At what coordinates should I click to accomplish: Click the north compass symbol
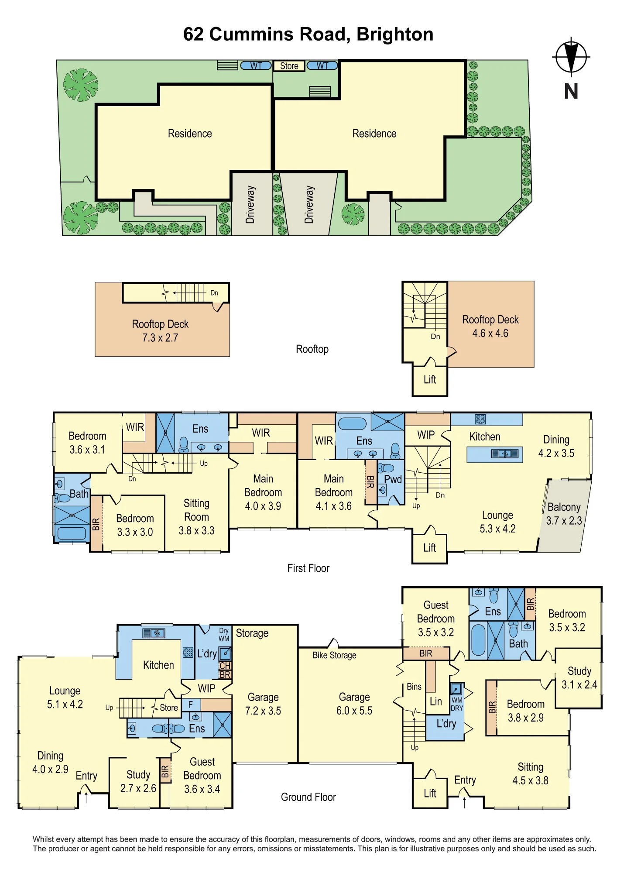point(571,57)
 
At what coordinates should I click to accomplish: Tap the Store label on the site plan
point(289,66)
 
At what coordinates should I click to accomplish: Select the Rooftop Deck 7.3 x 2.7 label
point(160,331)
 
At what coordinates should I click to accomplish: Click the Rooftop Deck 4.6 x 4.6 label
point(490,327)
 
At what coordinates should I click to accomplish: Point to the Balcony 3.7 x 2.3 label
point(564,514)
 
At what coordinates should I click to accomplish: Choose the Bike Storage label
point(334,655)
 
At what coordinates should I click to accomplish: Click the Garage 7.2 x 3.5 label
point(263,704)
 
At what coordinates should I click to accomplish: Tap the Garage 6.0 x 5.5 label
point(354,704)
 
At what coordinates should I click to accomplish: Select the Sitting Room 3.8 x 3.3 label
point(196,517)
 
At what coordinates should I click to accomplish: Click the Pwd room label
point(393,479)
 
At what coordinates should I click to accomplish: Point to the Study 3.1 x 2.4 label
point(579,677)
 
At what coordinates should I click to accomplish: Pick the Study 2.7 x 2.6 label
point(138,781)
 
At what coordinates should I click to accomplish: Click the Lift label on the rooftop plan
point(430,380)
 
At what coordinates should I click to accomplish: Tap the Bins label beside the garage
point(414,687)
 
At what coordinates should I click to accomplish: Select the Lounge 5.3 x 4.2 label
point(497,522)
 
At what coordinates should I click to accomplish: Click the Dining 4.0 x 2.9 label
point(50,762)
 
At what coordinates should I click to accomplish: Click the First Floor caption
point(308,568)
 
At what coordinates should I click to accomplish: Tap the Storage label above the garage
point(252,633)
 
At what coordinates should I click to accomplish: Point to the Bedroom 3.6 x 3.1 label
point(87,443)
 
